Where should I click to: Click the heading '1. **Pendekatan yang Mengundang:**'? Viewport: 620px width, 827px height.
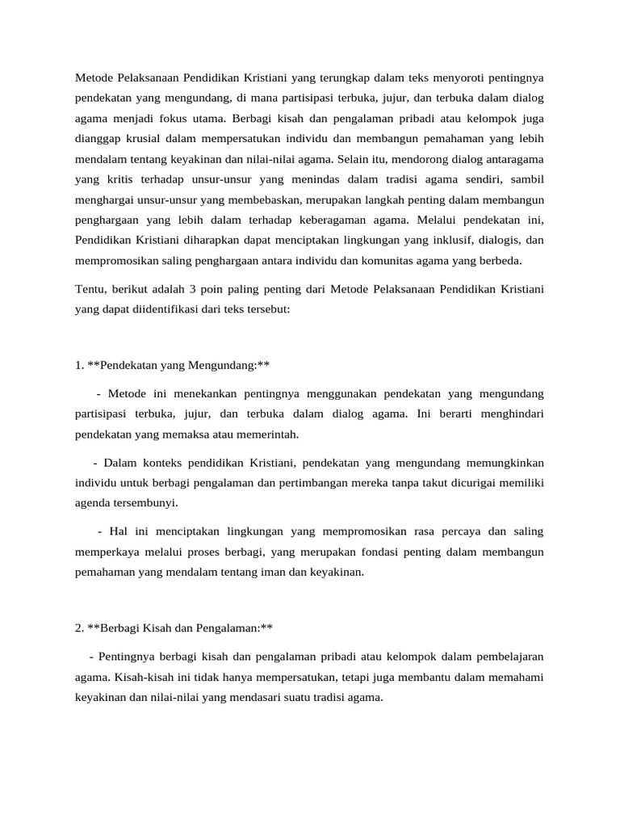click(x=172, y=365)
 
